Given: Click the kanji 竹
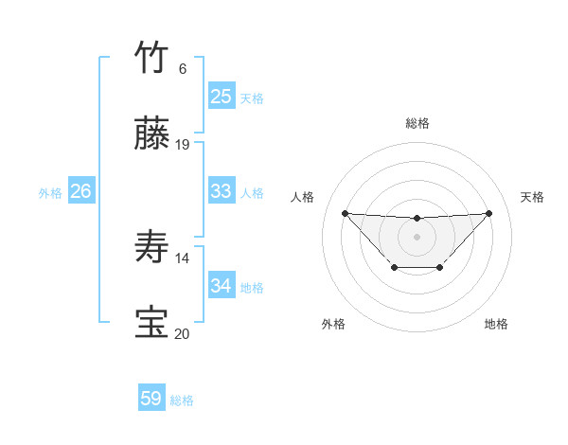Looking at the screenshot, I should click(x=152, y=58).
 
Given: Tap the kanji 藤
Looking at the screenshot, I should click(x=152, y=135).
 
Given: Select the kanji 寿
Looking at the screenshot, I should click(x=152, y=248).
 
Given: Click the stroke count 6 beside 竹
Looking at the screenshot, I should click(x=182, y=69).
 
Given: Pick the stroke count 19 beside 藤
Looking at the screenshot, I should click(x=183, y=145).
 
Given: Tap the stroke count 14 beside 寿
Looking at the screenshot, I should click(x=183, y=258).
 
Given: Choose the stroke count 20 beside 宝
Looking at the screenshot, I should click(x=183, y=333).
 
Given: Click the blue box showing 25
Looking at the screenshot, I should click(x=221, y=97).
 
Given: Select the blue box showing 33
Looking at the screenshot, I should click(x=221, y=191).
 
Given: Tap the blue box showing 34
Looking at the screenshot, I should click(x=221, y=286).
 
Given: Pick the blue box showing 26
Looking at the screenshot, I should click(x=81, y=191).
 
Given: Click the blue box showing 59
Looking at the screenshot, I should click(x=151, y=399).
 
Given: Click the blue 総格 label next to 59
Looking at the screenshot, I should click(x=183, y=400).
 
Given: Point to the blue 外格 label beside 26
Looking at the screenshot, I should click(x=50, y=193).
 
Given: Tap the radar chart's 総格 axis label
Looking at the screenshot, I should click(x=417, y=123).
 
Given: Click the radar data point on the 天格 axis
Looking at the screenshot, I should click(x=488, y=213).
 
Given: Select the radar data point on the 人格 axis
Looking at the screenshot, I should click(x=345, y=213).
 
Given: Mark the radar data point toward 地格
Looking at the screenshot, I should click(x=440, y=268).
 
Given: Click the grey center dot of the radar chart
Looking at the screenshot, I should click(x=417, y=236).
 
